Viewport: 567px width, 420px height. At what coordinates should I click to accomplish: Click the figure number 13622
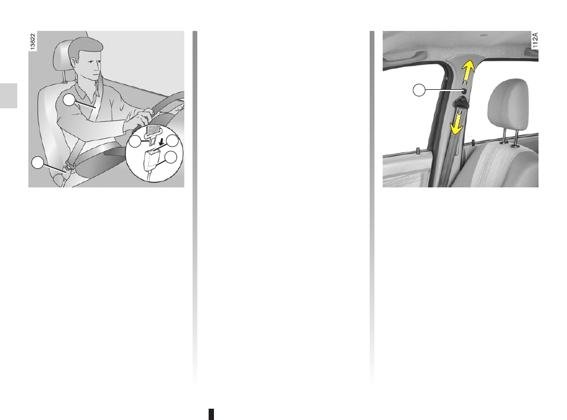(x=33, y=41)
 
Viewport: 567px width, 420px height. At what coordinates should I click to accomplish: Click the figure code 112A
(x=535, y=40)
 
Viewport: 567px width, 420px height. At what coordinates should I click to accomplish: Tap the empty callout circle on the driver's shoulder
(x=69, y=99)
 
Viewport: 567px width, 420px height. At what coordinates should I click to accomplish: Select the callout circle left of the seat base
(x=37, y=163)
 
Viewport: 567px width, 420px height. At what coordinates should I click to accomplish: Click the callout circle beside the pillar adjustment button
(x=419, y=90)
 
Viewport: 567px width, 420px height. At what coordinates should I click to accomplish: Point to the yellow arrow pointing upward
(x=467, y=73)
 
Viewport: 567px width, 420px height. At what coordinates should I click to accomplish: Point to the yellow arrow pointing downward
(x=457, y=123)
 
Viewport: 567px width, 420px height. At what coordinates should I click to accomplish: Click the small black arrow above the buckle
(x=161, y=140)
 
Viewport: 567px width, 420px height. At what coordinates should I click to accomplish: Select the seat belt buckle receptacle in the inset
(x=152, y=159)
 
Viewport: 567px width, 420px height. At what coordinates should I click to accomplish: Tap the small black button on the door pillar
(x=464, y=90)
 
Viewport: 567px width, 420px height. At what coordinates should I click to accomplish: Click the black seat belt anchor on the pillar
(x=461, y=103)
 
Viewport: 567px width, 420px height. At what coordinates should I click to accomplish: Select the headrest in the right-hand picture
(x=508, y=104)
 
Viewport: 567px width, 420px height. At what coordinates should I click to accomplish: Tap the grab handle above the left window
(x=405, y=55)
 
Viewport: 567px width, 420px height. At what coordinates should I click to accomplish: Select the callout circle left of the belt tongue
(x=135, y=142)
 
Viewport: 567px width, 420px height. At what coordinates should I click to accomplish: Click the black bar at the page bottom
(x=212, y=414)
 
